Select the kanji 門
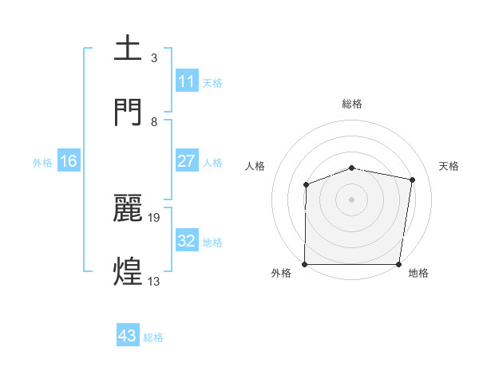(x=129, y=112)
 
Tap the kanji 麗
(x=129, y=208)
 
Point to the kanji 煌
(x=129, y=271)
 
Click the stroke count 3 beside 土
(x=154, y=58)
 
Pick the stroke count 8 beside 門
(x=154, y=121)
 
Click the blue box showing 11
(x=186, y=81)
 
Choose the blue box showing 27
(x=186, y=161)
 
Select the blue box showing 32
(x=186, y=241)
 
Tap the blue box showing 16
(x=69, y=161)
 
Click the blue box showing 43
(x=127, y=337)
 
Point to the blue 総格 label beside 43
(x=153, y=337)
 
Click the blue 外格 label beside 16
(x=42, y=162)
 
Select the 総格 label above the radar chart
(x=352, y=104)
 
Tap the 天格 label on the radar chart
(x=449, y=166)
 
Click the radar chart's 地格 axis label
(x=418, y=274)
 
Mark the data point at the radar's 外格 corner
(x=305, y=264)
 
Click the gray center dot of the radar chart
(x=352, y=199)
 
